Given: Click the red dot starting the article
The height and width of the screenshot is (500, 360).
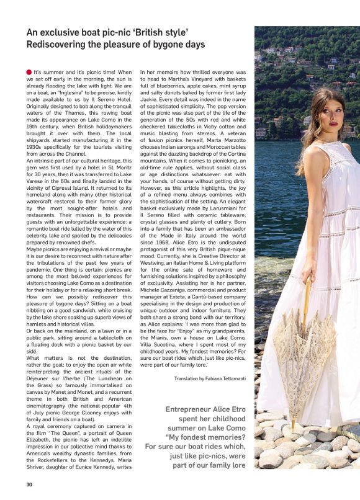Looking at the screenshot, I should click(29, 73).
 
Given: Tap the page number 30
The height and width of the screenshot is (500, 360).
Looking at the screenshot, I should click(29, 484).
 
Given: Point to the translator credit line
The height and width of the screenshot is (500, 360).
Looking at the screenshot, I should click(210, 378).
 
